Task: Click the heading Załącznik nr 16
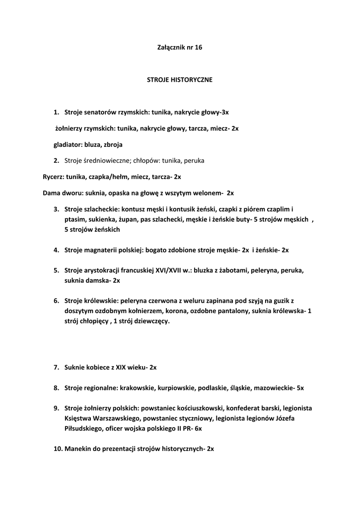[180, 48]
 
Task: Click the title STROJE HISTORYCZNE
[180, 79]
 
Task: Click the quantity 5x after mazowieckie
[300, 387]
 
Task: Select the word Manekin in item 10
[79, 448]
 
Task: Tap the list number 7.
[57, 368]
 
